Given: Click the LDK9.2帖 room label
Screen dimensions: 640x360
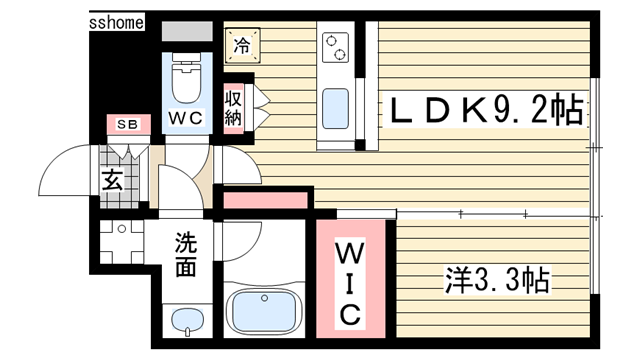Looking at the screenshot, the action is [480, 110].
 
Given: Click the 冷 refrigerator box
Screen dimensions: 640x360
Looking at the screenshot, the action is [241, 44].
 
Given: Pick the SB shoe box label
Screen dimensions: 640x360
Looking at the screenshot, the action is [128, 124].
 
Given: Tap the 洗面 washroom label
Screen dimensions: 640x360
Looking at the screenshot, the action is [186, 255].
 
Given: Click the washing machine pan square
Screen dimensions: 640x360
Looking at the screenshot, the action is [123, 242].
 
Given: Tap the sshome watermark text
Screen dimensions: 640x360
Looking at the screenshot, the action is [117, 20].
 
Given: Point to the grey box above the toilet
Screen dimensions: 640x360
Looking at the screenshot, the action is [187, 30].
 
